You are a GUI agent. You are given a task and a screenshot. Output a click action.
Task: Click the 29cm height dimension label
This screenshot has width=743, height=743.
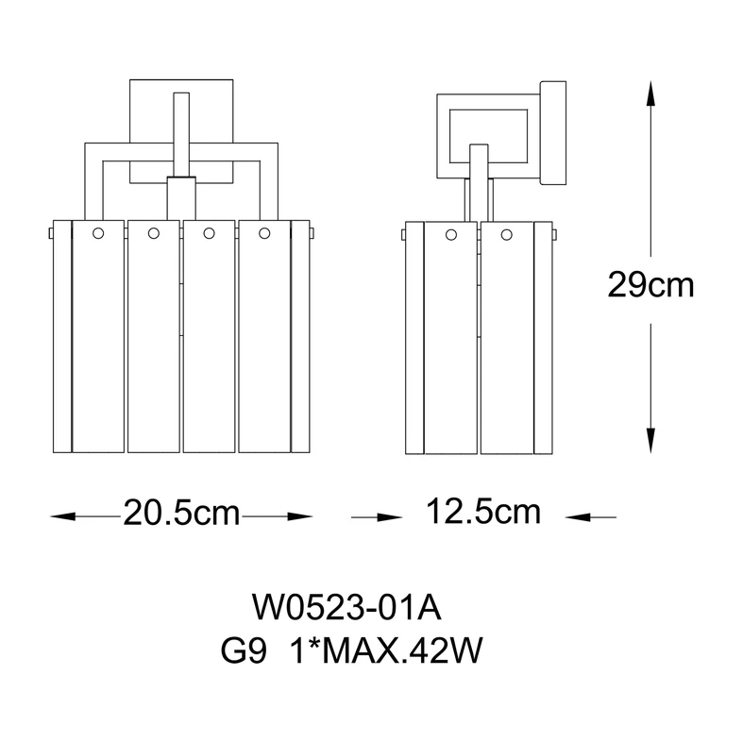pyautogui.click(x=650, y=285)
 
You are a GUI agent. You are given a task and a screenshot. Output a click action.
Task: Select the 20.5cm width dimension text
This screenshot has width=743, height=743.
pyautogui.click(x=181, y=513)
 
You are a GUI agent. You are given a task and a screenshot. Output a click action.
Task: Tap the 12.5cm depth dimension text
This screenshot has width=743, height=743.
pyautogui.click(x=482, y=512)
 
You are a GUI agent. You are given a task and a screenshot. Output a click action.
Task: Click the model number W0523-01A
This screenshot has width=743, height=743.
pyautogui.click(x=346, y=608)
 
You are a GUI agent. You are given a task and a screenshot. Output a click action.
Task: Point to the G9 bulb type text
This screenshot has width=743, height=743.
pyautogui.click(x=244, y=650)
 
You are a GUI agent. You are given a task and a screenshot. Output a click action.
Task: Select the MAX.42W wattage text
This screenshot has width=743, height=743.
pyautogui.click(x=404, y=650)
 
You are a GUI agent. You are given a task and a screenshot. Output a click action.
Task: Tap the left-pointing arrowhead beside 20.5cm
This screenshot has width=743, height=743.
pyautogui.click(x=63, y=516)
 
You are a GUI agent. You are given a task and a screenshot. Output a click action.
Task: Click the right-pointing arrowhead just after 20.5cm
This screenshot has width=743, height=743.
pyautogui.click(x=300, y=516)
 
